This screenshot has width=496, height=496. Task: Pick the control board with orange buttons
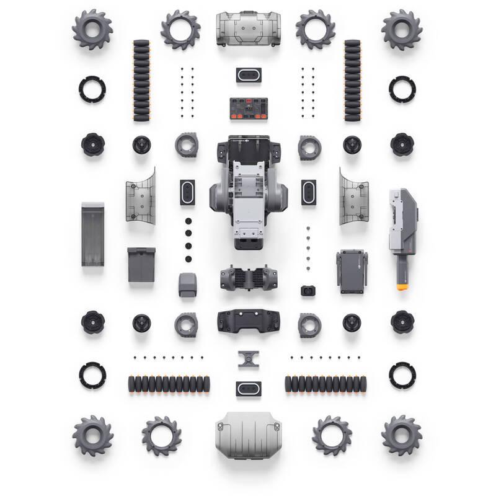(248, 108)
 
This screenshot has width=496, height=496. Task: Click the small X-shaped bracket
(248, 359)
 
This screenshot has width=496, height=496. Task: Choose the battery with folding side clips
(352, 272)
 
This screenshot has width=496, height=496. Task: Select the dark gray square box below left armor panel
(141, 265)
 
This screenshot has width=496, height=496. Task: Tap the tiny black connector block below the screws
(307, 290)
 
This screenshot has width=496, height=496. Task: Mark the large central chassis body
(248, 192)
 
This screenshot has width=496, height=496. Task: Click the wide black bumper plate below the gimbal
(248, 320)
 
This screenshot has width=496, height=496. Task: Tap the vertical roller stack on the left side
(141, 81)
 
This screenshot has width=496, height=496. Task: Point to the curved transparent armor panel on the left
(141, 195)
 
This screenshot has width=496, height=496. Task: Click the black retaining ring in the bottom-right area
(402, 375)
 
